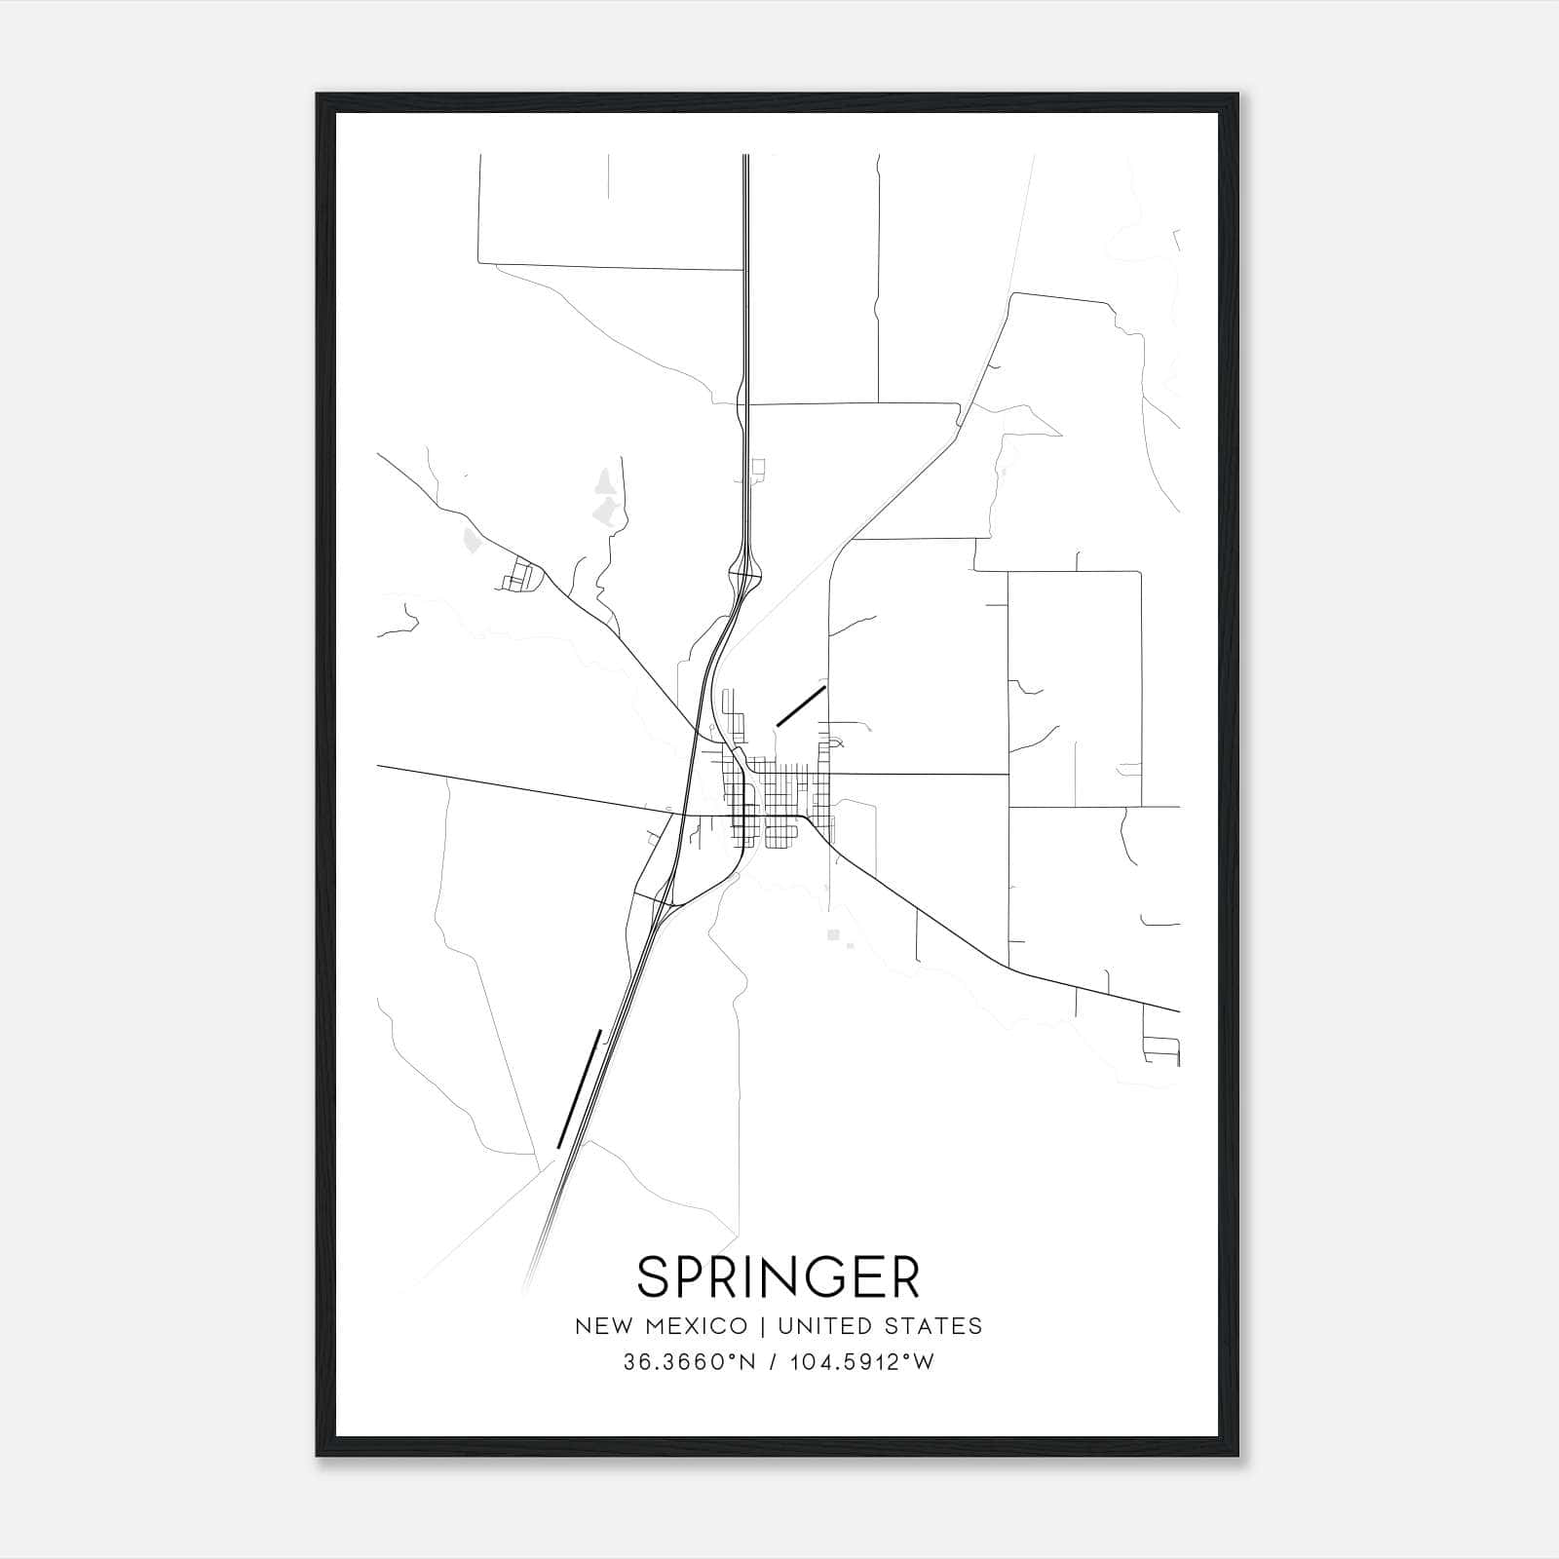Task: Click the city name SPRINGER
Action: [779, 1277]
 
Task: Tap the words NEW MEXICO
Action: [661, 1326]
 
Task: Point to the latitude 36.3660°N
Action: [689, 1362]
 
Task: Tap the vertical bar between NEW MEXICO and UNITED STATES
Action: [760, 1326]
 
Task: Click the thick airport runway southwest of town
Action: [579, 1088]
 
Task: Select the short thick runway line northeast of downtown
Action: [801, 705]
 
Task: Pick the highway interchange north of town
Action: [746, 574]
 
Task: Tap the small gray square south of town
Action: [832, 934]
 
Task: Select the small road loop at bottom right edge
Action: [1161, 1050]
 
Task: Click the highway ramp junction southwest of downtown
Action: [665, 902]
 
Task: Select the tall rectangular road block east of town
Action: [1074, 689]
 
